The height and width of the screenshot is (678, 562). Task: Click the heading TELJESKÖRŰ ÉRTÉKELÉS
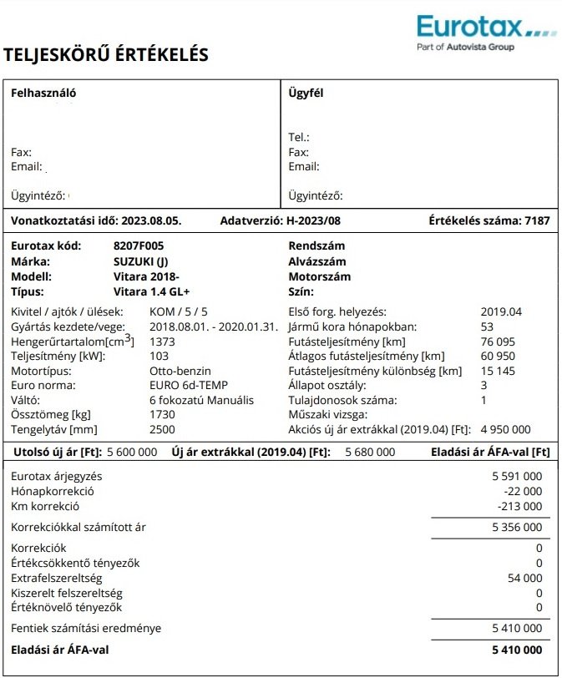pos(106,55)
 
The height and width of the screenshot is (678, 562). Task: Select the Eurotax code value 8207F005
pos(139,246)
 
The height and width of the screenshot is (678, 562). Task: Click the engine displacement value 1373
pos(162,342)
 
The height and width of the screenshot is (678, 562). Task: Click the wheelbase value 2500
pos(162,430)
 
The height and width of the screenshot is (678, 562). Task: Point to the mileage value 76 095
pos(499,342)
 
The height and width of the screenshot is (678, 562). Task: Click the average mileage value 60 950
pos(499,357)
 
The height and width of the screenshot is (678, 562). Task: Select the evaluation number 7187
pos(536,221)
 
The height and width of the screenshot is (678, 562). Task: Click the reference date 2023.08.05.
pos(151,221)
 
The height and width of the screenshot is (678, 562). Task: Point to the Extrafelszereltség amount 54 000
pos(524,578)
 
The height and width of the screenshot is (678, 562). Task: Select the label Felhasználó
pos(43,94)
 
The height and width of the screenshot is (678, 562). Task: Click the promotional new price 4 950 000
pos(506,430)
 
